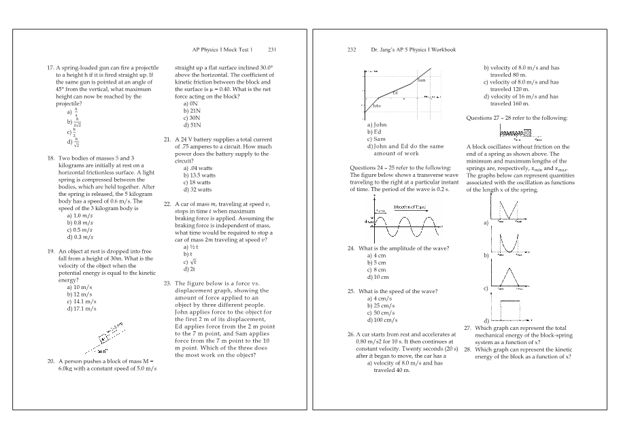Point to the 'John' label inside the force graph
[376, 105]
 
